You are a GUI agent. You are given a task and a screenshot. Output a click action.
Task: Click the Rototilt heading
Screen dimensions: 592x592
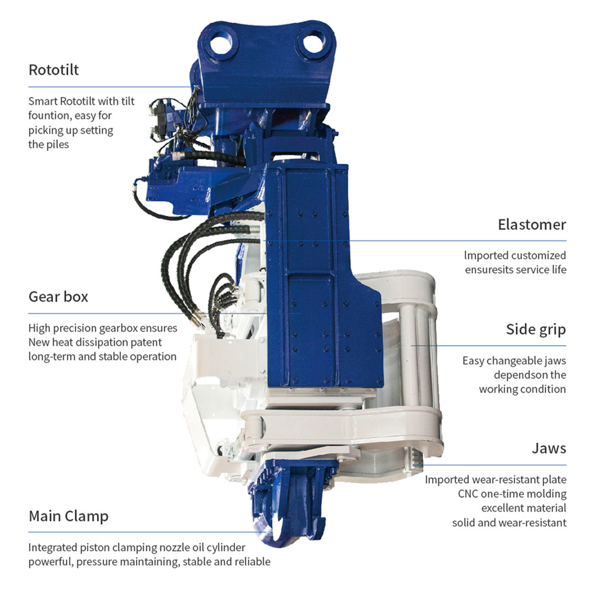pos(54,70)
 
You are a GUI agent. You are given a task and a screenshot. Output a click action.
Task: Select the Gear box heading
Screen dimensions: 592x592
pos(58,297)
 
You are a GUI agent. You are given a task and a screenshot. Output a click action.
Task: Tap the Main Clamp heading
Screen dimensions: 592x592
pos(69,516)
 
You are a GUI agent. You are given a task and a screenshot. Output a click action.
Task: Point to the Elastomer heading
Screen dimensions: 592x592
pos(532,225)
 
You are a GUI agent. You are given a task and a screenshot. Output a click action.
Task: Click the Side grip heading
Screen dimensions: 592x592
pos(536,329)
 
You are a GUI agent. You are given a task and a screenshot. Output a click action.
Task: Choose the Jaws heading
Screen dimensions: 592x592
pos(549,448)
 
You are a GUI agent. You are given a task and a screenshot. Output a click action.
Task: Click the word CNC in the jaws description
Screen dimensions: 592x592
pos(468,494)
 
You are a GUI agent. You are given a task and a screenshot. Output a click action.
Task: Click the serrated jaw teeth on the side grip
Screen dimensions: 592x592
pos(416,458)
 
